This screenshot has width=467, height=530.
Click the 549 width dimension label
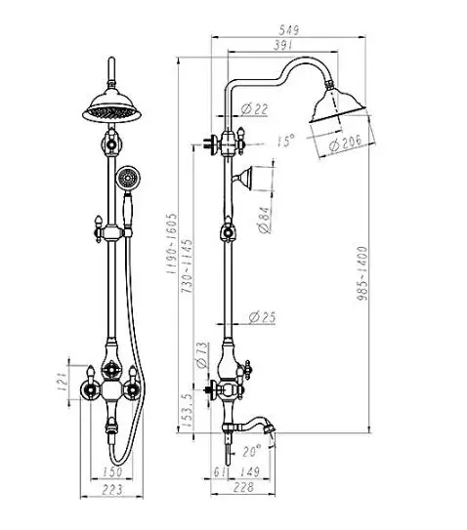click(289, 30)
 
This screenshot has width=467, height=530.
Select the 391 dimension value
click(282, 45)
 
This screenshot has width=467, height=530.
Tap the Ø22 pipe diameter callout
click(254, 109)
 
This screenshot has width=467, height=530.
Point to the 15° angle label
click(286, 141)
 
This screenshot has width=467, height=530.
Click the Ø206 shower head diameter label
click(345, 143)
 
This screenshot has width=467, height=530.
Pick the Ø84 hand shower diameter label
click(265, 220)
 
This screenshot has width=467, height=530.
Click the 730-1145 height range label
click(188, 266)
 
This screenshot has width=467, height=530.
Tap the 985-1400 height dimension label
click(362, 273)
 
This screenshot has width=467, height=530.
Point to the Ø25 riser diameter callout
click(262, 317)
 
